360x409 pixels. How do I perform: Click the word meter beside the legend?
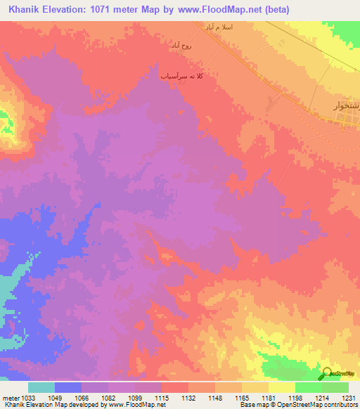10,398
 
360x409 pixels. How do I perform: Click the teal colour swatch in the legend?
41,387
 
